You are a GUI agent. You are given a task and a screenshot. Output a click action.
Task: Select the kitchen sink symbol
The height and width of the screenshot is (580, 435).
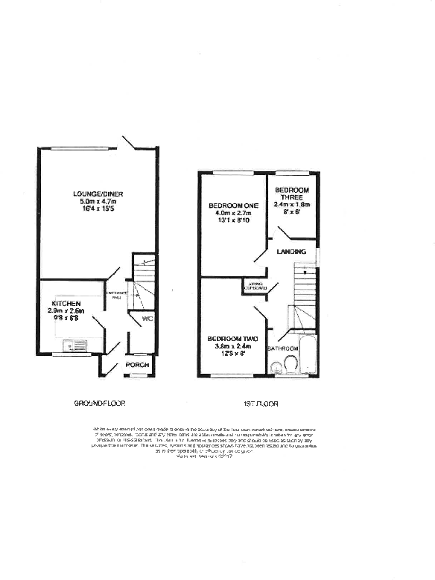[x=75, y=346]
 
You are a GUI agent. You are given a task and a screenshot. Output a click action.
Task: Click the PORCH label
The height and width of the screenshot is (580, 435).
[x=138, y=365]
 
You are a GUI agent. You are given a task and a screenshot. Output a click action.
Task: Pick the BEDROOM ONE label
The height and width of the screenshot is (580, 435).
[x=232, y=205]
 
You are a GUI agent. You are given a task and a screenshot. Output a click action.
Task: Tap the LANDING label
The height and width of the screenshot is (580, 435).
[x=291, y=252]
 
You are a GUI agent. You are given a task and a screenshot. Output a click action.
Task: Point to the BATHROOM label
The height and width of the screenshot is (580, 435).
[x=283, y=348]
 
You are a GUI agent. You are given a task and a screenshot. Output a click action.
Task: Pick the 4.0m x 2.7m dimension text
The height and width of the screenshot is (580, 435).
[x=232, y=214]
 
